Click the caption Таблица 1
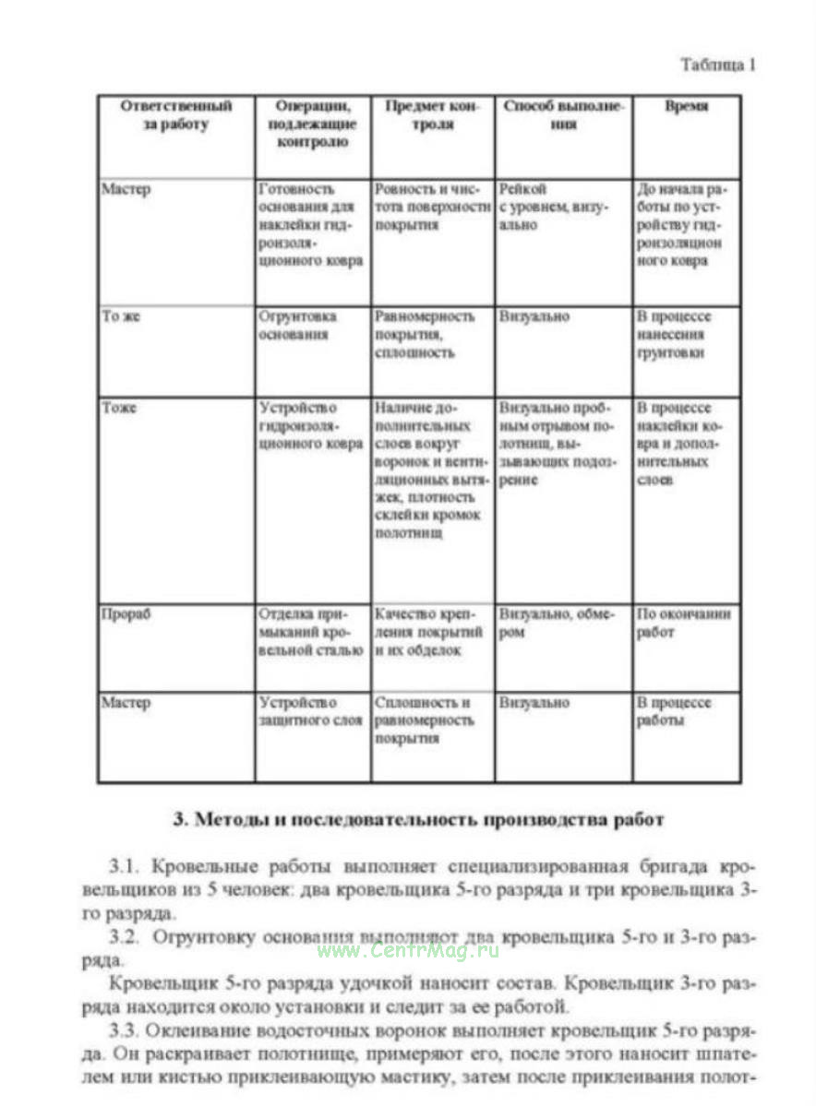[x=718, y=65]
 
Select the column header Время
[x=686, y=107]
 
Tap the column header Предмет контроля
[x=432, y=116]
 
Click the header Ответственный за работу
[x=175, y=116]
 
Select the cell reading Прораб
[x=126, y=615]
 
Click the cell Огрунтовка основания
[x=298, y=326]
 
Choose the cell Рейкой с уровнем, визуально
[x=554, y=208]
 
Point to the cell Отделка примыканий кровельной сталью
[x=311, y=633]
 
